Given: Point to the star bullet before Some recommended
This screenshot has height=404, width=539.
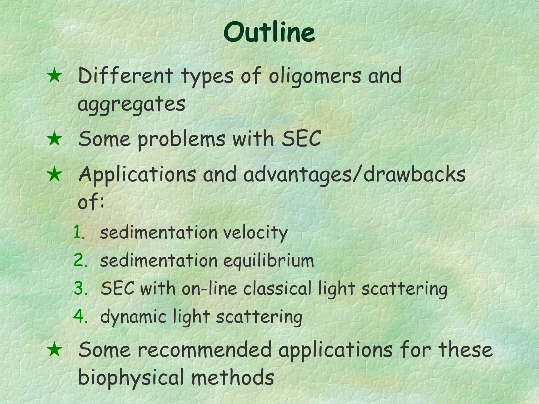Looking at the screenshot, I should (x=54, y=350).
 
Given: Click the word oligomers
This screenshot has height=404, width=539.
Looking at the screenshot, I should (x=315, y=76).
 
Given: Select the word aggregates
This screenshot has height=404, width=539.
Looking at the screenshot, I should (x=131, y=104).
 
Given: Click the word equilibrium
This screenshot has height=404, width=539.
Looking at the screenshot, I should (x=269, y=261).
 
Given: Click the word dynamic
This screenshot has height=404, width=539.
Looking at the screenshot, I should (x=133, y=317).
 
